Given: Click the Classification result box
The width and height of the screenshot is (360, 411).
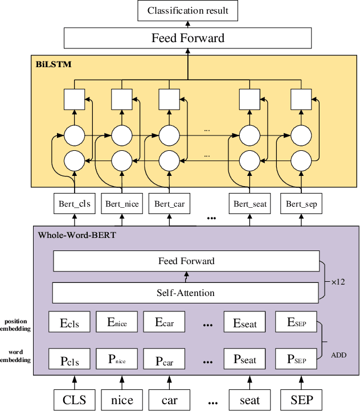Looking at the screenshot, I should (x=187, y=11).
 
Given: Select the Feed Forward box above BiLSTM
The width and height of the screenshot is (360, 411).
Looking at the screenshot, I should (x=187, y=38).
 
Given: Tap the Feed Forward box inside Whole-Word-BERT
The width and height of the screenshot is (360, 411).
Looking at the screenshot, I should (x=186, y=261).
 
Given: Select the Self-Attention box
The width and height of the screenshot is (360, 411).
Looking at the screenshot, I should (x=186, y=293).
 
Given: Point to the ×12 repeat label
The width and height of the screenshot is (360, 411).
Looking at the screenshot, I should (x=338, y=281).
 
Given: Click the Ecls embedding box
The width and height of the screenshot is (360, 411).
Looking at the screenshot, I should (x=69, y=323).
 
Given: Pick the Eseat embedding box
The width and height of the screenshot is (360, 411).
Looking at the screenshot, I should (x=244, y=323).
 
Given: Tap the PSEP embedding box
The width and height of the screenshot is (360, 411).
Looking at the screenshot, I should (x=296, y=359).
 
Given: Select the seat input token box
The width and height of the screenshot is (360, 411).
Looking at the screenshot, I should (x=249, y=399).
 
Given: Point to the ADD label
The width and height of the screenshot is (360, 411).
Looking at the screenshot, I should (x=338, y=355).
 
